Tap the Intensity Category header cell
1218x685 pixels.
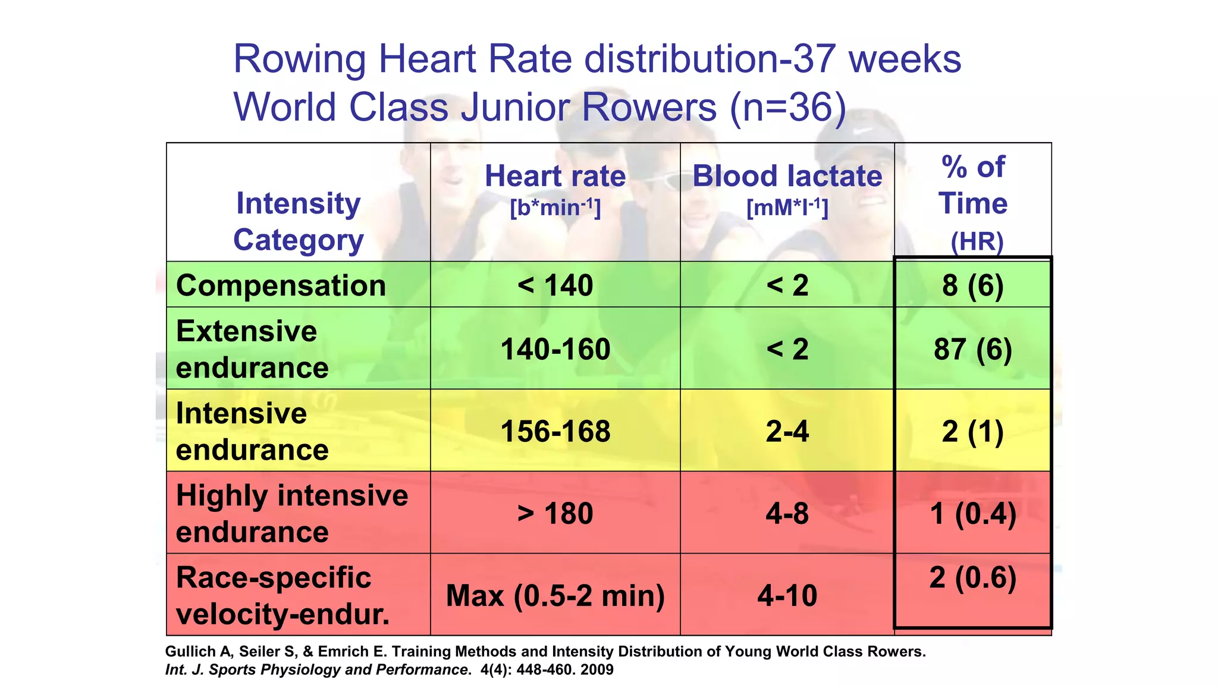point(298,221)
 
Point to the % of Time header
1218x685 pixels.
point(973,202)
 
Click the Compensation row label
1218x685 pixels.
point(281,285)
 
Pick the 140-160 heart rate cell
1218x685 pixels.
point(555,349)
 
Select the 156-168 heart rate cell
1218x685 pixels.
point(555,431)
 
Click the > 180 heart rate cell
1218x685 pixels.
point(555,513)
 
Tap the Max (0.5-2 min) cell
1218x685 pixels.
point(555,595)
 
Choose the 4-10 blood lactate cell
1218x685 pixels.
point(787,595)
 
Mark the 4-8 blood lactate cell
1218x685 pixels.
point(787,513)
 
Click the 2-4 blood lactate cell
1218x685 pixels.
point(787,431)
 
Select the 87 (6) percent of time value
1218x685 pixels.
point(973,349)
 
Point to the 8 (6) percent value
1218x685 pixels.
point(973,285)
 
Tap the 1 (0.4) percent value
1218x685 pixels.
point(973,513)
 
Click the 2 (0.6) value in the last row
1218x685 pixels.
point(973,577)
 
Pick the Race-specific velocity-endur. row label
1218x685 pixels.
point(282,595)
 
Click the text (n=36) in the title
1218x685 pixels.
point(787,108)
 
